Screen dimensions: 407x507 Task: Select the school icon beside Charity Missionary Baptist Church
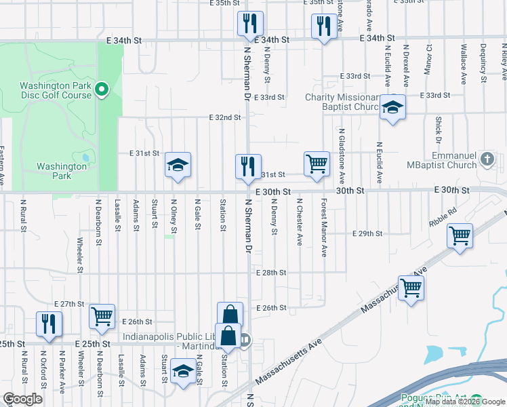(x=392, y=107)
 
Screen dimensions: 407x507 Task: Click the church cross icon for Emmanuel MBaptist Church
(x=486, y=159)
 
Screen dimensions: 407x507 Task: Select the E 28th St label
(x=273, y=272)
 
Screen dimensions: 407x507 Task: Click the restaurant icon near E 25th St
(x=49, y=324)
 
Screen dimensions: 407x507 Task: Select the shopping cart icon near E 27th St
(x=102, y=315)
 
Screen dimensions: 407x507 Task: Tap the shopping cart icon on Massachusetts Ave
(x=411, y=288)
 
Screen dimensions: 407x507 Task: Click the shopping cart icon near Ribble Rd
(x=460, y=236)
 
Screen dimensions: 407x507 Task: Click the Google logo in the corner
(x=22, y=399)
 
